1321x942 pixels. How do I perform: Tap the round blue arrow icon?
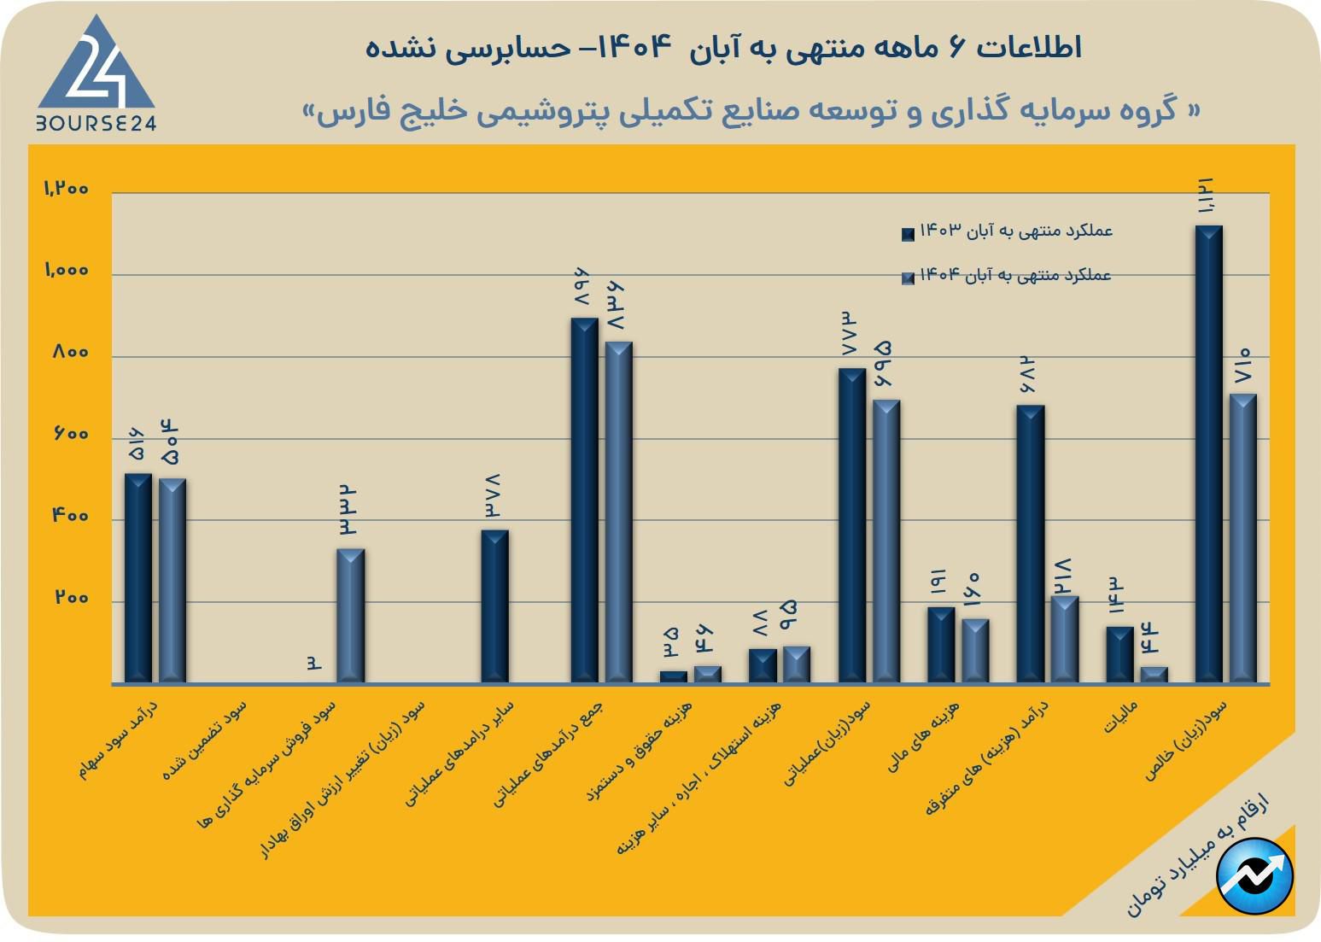pyautogui.click(x=1254, y=875)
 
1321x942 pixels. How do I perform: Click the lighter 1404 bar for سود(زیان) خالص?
pyautogui.click(x=1242, y=538)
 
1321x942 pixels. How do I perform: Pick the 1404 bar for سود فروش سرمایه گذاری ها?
pyautogui.click(x=350, y=615)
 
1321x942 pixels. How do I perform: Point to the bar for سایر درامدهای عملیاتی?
pyautogui.click(x=494, y=606)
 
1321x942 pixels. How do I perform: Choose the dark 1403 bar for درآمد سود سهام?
pyautogui.click(x=138, y=578)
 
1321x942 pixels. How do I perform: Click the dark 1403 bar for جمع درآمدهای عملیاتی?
pyautogui.click(x=584, y=500)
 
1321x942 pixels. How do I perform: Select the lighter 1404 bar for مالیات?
pyautogui.click(x=1154, y=675)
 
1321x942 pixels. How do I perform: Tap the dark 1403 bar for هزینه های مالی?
pyautogui.click(x=941, y=645)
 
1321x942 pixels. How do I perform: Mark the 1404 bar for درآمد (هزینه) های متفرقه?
pyautogui.click(x=1065, y=639)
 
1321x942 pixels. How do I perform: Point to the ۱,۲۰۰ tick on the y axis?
pyautogui.click(x=67, y=189)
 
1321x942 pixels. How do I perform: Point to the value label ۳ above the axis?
pyautogui.click(x=314, y=663)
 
